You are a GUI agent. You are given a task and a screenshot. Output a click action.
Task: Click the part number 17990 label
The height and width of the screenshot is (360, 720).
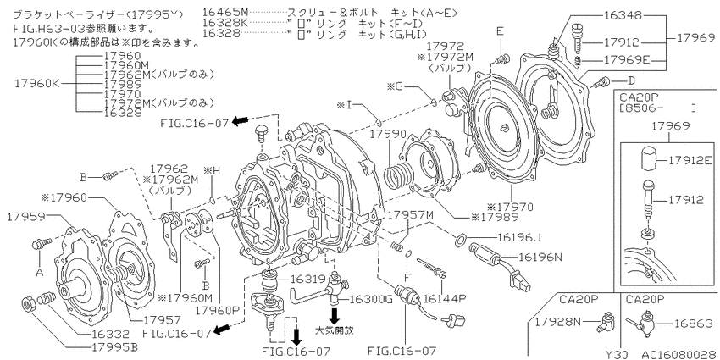point(390,135)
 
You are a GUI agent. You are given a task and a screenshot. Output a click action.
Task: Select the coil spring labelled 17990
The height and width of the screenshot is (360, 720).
point(397,177)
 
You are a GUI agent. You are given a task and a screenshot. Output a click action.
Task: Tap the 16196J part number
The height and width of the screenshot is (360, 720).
point(519,237)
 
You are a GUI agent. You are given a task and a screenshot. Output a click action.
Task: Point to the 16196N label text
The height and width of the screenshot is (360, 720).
point(540,258)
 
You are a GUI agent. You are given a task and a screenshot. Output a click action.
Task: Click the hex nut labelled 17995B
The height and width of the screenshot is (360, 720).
point(29,304)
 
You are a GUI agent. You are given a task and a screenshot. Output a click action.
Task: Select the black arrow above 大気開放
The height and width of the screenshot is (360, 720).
point(335,315)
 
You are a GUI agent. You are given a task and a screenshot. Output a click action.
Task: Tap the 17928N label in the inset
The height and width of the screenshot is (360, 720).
point(557,322)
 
